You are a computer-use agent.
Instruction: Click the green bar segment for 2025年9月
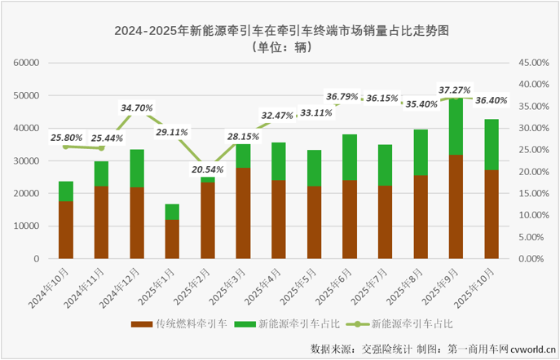coord(456,126)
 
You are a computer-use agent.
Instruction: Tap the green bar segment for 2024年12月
coord(137,168)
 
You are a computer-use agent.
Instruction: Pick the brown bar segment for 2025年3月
coord(243,213)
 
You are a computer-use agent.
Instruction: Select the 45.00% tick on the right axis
coord(536,63)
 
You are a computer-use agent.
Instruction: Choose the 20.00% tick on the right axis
coord(536,172)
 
